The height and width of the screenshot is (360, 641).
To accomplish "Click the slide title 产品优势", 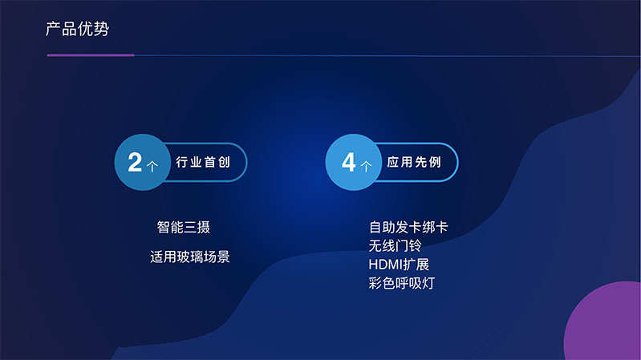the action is click(77, 29).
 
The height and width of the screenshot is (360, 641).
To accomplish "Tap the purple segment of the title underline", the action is click(91, 55).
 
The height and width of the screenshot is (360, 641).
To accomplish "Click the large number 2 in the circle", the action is click(135, 162).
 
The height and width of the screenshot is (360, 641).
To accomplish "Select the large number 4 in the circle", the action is click(349, 162).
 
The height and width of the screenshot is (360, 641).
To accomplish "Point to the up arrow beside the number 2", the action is click(152, 166).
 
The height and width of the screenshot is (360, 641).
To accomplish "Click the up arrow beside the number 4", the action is click(367, 166).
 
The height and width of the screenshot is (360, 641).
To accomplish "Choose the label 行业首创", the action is click(203, 162).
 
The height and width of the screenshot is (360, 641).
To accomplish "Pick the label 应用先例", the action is click(414, 162).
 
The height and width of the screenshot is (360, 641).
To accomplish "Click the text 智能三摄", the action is click(184, 227).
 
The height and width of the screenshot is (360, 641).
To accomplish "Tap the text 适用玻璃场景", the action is click(190, 257).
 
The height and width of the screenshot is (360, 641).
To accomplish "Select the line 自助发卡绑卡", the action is click(408, 227).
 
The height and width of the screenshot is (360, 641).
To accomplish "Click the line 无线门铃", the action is click(395, 246).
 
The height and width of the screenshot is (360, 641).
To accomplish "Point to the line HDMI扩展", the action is click(399, 265).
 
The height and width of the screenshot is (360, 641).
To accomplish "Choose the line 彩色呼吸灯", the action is click(401, 283).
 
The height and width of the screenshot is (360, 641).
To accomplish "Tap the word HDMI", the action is click(386, 265).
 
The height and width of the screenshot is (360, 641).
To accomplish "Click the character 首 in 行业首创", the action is click(210, 162).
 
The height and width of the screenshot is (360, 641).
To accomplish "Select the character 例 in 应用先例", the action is click(436, 162).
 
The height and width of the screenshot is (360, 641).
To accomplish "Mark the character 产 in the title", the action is click(53, 29).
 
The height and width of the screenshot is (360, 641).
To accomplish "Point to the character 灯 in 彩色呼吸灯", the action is click(428, 283).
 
